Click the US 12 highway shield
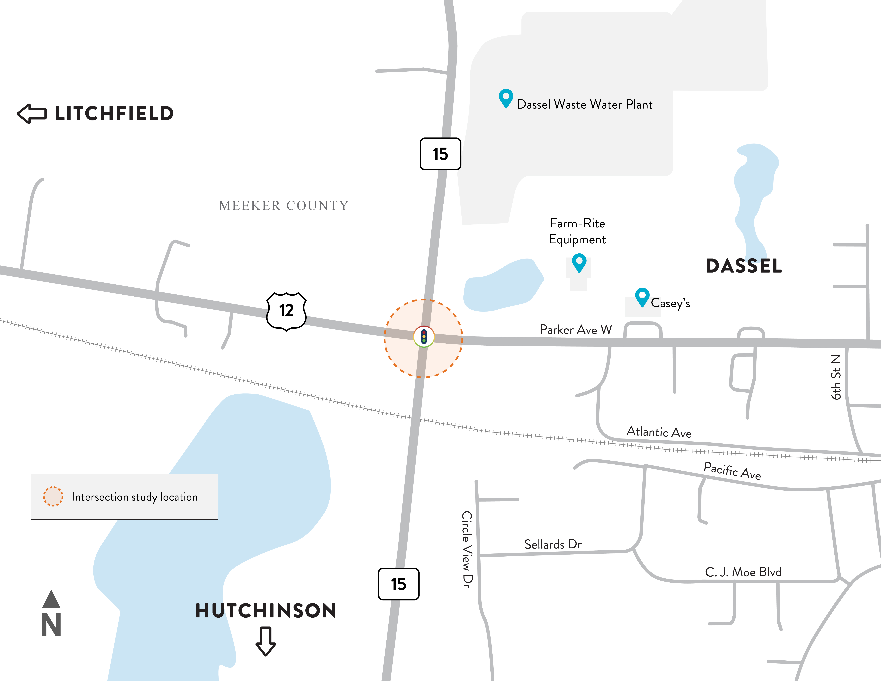pyautogui.click(x=286, y=311)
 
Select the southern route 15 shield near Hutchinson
pyautogui.click(x=399, y=584)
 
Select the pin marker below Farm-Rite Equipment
pyautogui.click(x=579, y=262)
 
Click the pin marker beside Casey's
pyautogui.click(x=642, y=297)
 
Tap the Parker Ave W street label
pyautogui.click(x=576, y=330)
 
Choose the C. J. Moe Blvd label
pyautogui.click(x=743, y=572)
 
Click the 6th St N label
pyautogui.click(x=836, y=377)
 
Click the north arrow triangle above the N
pyautogui.click(x=51, y=600)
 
